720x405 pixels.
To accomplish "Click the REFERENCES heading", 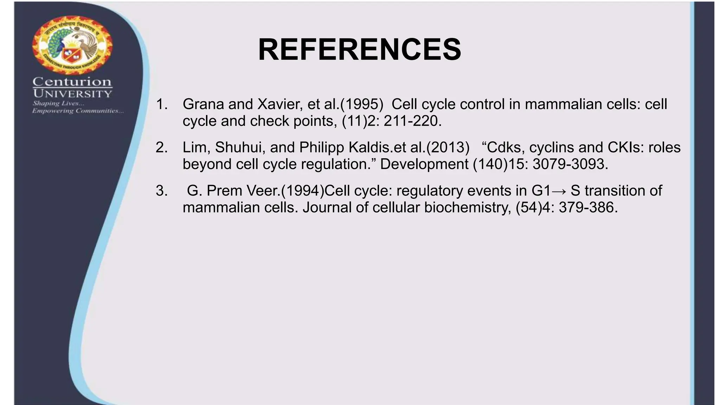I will pos(359,50).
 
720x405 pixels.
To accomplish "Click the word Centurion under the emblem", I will pos(72,82).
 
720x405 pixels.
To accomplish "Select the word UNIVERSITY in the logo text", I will pos(72,94).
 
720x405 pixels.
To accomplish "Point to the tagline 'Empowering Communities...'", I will pos(78,111).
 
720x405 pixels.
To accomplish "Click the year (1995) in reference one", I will pos(361,104).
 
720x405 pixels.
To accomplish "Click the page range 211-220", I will pos(412,121).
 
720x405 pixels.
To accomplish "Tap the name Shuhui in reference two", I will pos(240,148).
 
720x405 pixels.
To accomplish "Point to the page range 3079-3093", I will pos(570,165).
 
